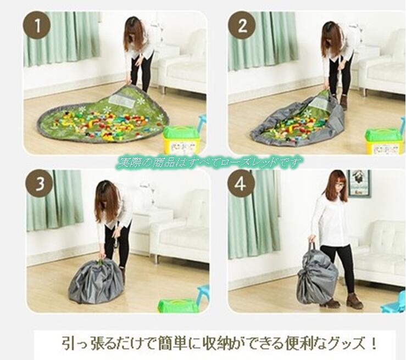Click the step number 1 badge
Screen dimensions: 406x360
coord(37,25)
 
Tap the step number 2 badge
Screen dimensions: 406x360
coord(242,25)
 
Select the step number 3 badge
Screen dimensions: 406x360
coord(40,184)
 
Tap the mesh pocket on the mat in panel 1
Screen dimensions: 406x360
coord(122,101)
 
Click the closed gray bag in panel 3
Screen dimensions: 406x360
coord(96,282)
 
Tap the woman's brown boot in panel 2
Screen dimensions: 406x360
coord(343,103)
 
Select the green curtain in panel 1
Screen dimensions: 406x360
coord(62,38)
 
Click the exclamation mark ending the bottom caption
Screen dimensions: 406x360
coord(373,344)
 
